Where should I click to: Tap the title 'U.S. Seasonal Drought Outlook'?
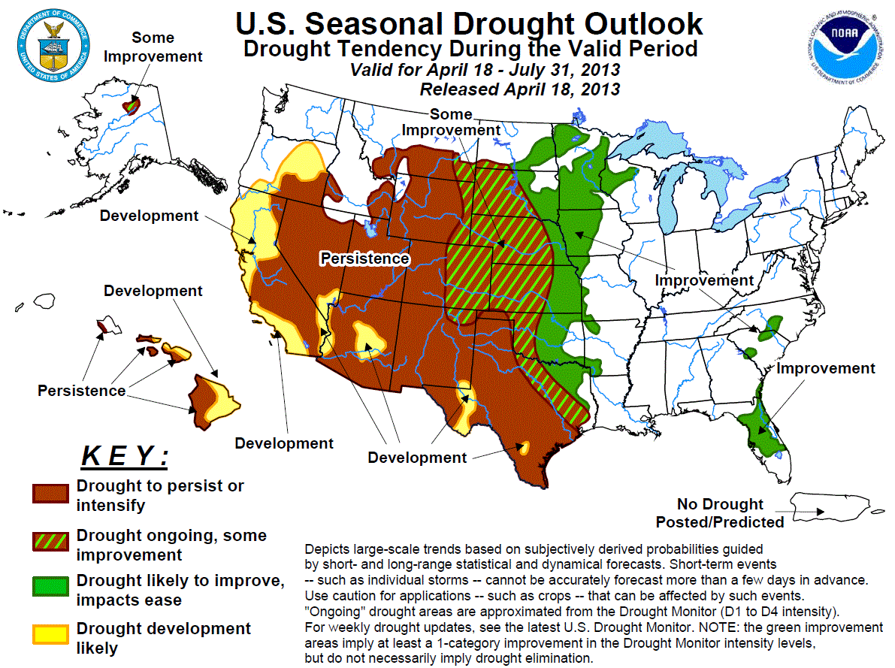pos(469,23)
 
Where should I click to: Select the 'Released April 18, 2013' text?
pos(519,89)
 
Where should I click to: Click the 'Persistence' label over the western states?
pos(364,258)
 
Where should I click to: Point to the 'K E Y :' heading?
pos(125,455)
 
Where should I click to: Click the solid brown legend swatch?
pos(50,494)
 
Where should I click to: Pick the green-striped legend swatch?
pos(50,543)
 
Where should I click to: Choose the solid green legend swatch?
pos(50,588)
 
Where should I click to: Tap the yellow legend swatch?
pos(50,635)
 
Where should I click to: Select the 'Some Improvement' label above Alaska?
pos(153,47)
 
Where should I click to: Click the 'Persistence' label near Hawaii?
pos(82,391)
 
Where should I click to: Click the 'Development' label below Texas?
pos(417,457)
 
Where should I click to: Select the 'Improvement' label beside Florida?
pos(825,368)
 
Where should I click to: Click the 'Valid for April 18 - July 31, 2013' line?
pos(485,70)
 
